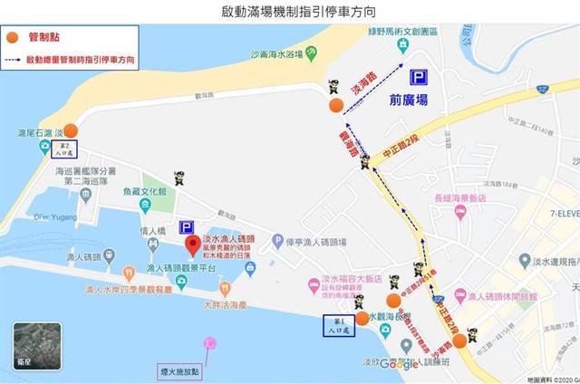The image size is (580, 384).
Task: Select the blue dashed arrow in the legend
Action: point(14,58)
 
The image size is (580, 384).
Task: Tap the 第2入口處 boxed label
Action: point(64,148)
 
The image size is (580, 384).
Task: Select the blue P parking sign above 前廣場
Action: point(419,78)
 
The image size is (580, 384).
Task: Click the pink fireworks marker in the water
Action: point(210,342)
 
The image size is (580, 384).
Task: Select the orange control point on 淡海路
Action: point(336,106)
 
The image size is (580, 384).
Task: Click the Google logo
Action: point(399,364)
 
